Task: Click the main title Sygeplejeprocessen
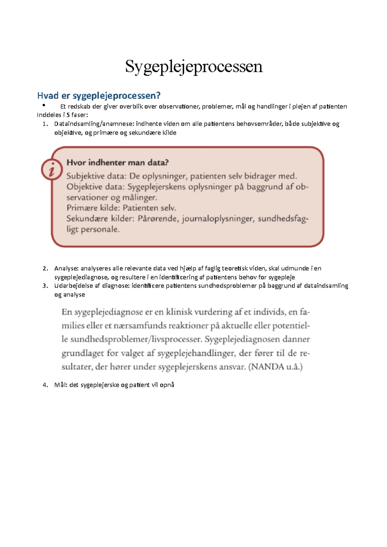click(x=194, y=67)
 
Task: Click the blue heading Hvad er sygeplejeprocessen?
click(x=99, y=96)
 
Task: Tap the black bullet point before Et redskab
click(x=43, y=105)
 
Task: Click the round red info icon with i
click(x=52, y=169)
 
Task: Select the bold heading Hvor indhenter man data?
click(x=117, y=162)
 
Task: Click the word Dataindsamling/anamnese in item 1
click(x=94, y=124)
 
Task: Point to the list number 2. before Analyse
click(x=45, y=268)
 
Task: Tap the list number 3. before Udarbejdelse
click(x=45, y=286)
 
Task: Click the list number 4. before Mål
click(x=45, y=385)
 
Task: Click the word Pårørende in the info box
click(x=158, y=219)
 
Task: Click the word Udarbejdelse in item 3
click(x=74, y=286)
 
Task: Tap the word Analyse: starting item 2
click(x=66, y=268)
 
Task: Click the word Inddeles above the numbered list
click(x=49, y=115)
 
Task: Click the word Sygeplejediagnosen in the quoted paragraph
click(x=242, y=339)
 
